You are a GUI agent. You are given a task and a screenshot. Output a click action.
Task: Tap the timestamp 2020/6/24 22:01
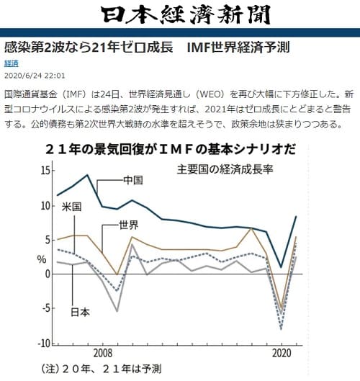tap(35, 75)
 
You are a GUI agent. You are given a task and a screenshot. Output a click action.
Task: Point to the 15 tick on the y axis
tap(45, 171)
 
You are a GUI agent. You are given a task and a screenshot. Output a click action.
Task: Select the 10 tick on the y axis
tap(45, 205)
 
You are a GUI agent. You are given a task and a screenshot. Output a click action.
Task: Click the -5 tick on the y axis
tap(45, 309)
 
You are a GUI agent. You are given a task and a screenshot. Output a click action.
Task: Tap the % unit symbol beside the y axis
tap(42, 259)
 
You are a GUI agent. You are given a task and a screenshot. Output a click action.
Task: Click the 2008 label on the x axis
tap(102, 354)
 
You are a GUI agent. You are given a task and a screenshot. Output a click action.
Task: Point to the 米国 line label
tap(70, 207)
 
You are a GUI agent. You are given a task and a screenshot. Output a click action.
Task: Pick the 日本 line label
tap(80, 312)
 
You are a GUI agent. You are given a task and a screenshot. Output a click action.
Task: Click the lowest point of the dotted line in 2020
tap(280, 328)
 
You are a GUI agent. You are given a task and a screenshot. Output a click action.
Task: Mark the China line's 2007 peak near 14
tap(87, 175)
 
